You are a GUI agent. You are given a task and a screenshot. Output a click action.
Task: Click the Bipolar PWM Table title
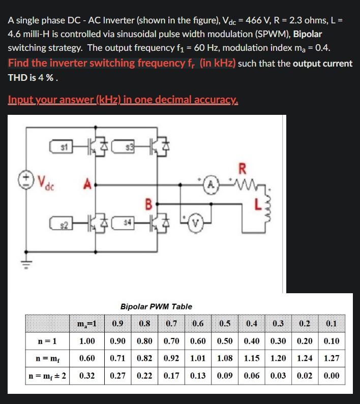pos(156,306)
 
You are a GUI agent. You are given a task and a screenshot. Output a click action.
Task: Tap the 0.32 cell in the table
pos(87,376)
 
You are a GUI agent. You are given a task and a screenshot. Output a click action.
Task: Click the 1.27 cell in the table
pos(331,358)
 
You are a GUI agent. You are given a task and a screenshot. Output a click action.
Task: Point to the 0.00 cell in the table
pos(331,376)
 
